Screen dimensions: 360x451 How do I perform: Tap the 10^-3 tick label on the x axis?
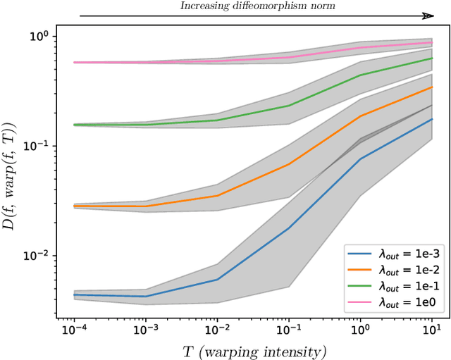[145, 328]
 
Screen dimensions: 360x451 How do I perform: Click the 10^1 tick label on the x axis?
[432, 328]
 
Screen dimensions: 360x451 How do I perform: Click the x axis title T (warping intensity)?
[252, 349]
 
